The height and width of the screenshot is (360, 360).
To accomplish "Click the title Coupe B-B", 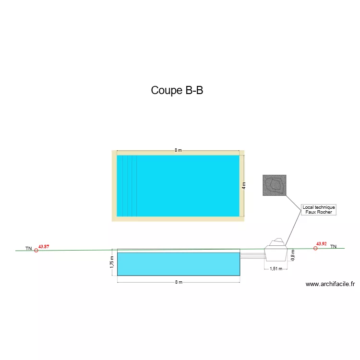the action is (177, 90).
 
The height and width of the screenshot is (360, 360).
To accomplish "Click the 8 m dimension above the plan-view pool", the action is (178, 150).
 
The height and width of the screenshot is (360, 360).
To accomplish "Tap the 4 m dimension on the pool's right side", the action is (244, 185).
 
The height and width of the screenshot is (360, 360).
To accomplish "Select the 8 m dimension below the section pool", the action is (179, 282).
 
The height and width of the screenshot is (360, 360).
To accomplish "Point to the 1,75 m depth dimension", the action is (112, 262).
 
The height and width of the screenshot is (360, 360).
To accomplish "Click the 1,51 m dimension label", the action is (276, 269).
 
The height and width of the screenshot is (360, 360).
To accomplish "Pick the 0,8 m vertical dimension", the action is (293, 255).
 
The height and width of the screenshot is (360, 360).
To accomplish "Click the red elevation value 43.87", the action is (44, 247).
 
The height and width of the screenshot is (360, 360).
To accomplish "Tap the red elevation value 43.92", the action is (322, 244).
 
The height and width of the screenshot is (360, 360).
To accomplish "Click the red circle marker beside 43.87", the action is (36, 251).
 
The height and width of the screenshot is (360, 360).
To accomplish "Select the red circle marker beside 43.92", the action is (315, 248).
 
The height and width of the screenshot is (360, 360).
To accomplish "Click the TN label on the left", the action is (29, 249).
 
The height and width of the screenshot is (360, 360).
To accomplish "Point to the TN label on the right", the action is (334, 246).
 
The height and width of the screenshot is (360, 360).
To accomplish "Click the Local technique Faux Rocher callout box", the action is (319, 210).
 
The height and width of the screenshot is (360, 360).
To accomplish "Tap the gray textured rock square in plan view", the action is (275, 185).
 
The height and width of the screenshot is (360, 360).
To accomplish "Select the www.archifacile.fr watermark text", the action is (330, 284).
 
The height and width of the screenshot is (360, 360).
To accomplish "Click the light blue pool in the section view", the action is (179, 264).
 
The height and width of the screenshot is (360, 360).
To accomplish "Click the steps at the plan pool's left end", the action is (127, 186).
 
